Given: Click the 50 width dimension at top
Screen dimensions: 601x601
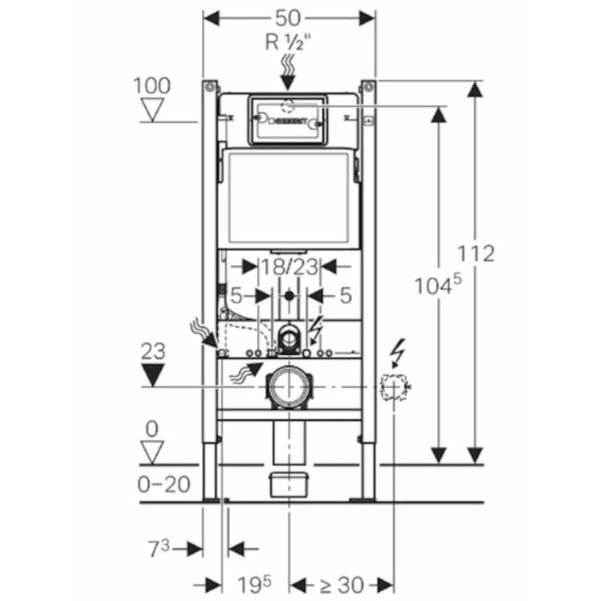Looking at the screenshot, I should click(x=288, y=19).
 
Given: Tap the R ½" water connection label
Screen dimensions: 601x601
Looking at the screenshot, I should click(x=288, y=43).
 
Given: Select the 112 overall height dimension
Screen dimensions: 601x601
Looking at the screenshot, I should click(x=476, y=254).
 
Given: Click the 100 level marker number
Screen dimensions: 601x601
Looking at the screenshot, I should click(x=151, y=86).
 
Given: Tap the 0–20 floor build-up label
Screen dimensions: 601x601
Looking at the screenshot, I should click(x=164, y=484).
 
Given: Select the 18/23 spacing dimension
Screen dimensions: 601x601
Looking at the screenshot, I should click(x=288, y=267).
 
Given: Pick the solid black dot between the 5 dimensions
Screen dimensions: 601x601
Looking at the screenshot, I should click(x=288, y=296).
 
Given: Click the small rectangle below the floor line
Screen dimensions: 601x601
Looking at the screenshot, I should click(x=288, y=484).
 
